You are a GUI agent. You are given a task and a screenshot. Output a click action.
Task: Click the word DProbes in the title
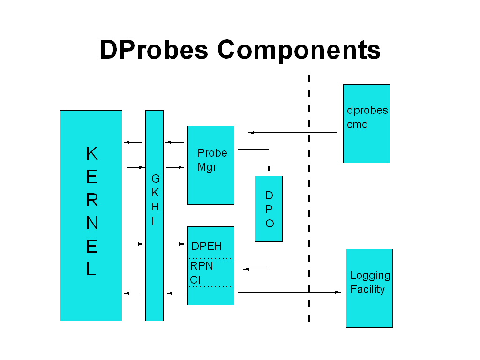pos(153,50)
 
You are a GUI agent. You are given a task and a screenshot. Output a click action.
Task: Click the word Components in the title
pos(299,50)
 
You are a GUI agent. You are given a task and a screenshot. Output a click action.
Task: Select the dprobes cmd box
pos(366,141)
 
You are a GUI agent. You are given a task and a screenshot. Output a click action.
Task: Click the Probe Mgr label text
pos(212,159)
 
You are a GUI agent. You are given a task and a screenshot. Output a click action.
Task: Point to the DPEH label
pos(206,246)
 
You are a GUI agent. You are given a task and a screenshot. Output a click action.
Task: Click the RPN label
pos(202,266)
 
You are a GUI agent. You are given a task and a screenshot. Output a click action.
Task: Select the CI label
pos(195,280)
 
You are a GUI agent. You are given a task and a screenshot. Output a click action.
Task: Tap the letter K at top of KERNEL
pos(92,153)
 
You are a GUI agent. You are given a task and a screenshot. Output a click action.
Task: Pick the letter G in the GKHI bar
pos(155,179)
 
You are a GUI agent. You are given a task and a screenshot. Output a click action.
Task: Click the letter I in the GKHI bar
pos(153,221)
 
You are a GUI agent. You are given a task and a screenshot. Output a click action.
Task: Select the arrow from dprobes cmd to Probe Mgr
pos(292,132)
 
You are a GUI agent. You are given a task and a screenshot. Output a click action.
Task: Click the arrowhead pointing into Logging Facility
pos(338,292)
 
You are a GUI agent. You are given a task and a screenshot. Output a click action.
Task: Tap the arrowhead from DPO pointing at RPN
pos(246,269)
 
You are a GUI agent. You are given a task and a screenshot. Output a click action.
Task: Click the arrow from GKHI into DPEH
pos(176,244)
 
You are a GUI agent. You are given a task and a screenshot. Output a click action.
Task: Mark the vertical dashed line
pos(309,197)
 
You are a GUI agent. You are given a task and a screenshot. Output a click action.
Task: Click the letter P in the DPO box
pos(269,209)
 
